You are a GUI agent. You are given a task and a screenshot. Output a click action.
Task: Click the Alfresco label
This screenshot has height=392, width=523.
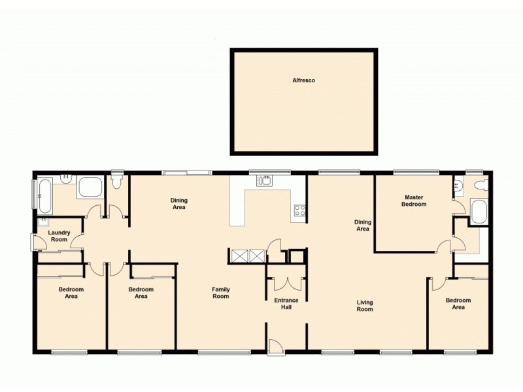pos(303,80)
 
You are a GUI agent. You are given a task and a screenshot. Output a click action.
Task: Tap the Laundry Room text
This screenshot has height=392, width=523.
pos(59,236)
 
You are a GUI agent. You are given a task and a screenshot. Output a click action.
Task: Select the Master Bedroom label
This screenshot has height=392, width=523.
pos(415,200)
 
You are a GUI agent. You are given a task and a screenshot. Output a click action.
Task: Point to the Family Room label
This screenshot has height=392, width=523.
pos(220,293)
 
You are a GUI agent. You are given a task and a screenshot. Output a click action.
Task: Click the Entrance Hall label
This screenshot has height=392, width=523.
pos(286,304)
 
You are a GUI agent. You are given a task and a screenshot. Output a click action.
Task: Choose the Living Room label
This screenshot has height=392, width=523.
pos(365,305)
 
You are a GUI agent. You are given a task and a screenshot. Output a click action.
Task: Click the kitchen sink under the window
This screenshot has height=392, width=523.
pos(264,181)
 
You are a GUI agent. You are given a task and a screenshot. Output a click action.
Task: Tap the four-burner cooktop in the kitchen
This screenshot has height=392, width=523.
pos(299,210)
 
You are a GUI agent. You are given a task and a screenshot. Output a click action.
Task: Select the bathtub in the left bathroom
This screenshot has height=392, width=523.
pos(44,194)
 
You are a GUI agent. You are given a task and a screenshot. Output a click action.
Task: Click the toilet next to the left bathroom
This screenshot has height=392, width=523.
pos(117,178)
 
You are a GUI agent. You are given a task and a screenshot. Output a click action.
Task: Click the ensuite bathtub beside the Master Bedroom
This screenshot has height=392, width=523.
pos(477,212)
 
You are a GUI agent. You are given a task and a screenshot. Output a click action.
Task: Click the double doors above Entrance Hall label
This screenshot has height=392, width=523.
pos(286,282)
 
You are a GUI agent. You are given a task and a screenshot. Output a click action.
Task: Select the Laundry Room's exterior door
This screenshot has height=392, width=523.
pos(34,241)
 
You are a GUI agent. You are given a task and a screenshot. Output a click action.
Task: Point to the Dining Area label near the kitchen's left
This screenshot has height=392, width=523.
pos(178,204)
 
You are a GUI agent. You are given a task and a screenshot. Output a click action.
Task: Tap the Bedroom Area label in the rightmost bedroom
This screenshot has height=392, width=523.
pos(458,303)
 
